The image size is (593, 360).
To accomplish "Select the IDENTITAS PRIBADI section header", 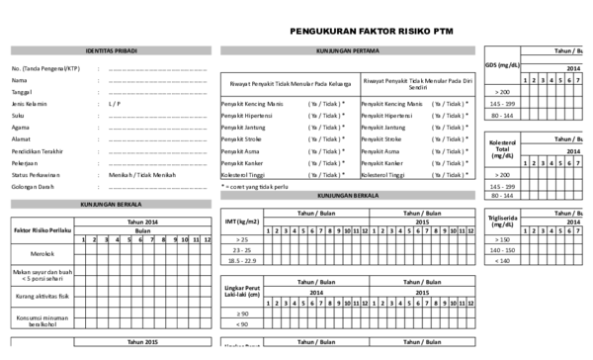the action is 111,49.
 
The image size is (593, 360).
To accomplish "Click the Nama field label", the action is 19,79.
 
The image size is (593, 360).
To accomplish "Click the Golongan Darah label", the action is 33,186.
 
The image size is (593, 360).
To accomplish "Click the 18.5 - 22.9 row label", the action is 241,260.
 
